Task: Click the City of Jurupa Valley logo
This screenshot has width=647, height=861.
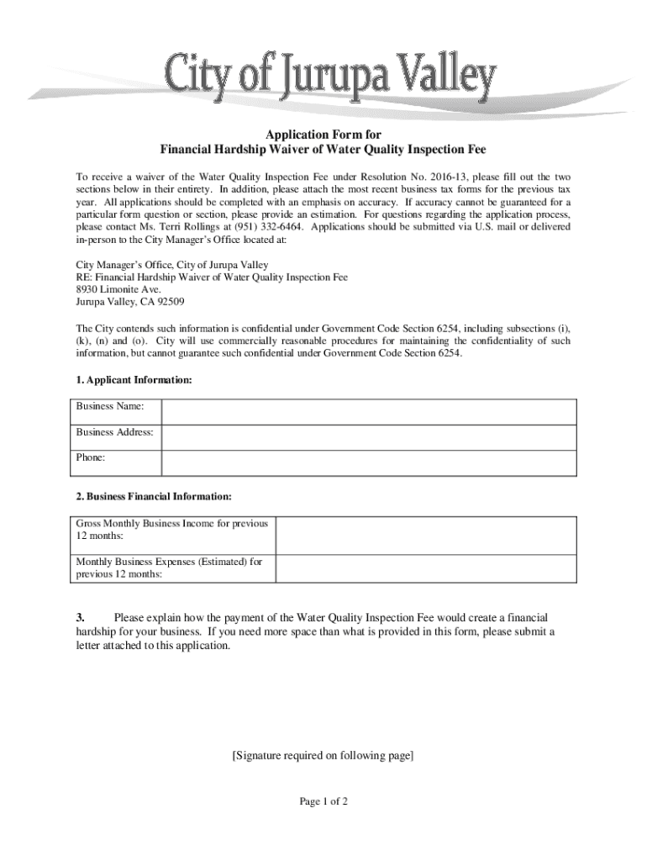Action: (x=330, y=77)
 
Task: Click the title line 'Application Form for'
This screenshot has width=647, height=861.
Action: (x=323, y=135)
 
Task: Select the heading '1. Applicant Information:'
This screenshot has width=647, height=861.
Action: (x=134, y=381)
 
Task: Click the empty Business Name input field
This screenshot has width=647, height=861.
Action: (x=368, y=412)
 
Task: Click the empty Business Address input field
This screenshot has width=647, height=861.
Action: (x=368, y=437)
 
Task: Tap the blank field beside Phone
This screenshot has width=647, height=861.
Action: (x=368, y=462)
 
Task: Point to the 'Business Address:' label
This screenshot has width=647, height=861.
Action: (x=114, y=432)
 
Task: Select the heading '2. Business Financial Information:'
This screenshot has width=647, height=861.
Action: (x=154, y=497)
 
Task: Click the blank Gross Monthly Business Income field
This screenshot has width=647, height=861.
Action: (x=426, y=535)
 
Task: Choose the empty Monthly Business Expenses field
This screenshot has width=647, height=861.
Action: (x=426, y=568)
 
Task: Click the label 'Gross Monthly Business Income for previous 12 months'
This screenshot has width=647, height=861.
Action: (x=171, y=530)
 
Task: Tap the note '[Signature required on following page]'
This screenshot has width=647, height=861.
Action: (x=323, y=756)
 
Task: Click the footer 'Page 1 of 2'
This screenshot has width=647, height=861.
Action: (x=323, y=801)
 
